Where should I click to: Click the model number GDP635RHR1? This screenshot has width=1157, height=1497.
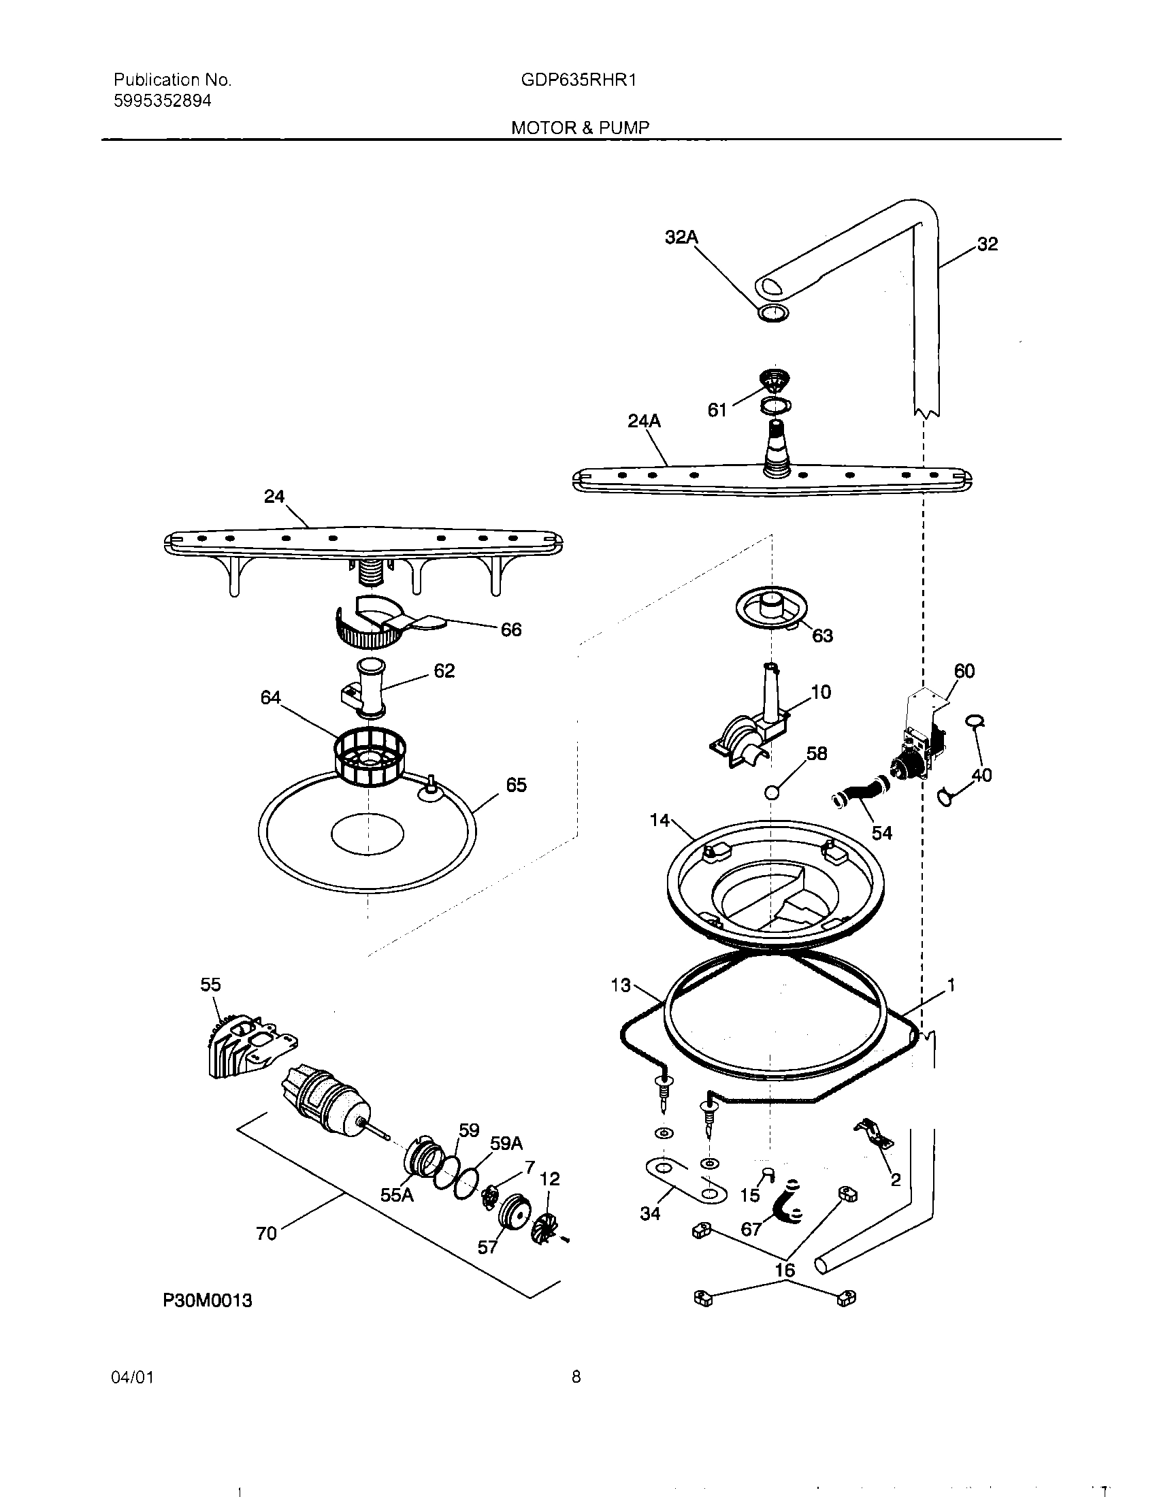tap(578, 80)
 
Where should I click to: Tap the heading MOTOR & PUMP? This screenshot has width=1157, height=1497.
tap(580, 127)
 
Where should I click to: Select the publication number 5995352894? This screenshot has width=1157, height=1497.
tap(163, 101)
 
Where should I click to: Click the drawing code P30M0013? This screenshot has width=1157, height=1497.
tap(207, 1300)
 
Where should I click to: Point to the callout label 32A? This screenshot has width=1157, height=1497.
tap(681, 237)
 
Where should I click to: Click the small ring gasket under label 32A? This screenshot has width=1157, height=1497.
tap(772, 313)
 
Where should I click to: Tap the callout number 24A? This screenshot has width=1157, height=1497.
tap(644, 422)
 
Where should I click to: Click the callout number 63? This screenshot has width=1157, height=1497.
tap(822, 636)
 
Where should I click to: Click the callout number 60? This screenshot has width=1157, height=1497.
tap(964, 671)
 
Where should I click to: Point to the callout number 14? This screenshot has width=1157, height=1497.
tap(659, 820)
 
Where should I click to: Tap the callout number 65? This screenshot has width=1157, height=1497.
tap(516, 785)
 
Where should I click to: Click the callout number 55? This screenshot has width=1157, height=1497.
tap(210, 985)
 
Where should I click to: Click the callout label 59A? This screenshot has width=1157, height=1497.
tap(506, 1143)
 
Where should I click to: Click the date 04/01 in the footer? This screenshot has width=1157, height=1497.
tap(132, 1377)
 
